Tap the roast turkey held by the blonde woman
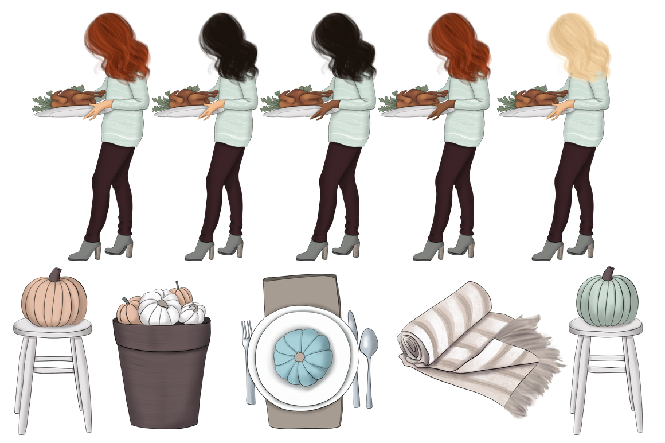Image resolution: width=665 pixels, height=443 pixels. pyautogui.click(x=537, y=98)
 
